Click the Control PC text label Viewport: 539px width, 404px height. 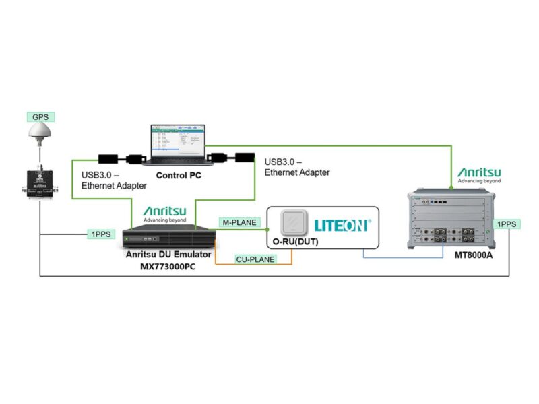coord(180,176)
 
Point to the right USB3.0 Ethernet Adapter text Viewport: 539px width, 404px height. coord(296,167)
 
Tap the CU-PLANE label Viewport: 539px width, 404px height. coord(255,259)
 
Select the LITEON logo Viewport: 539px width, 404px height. coord(342,224)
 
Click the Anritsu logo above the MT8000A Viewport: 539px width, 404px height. coord(478,176)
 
